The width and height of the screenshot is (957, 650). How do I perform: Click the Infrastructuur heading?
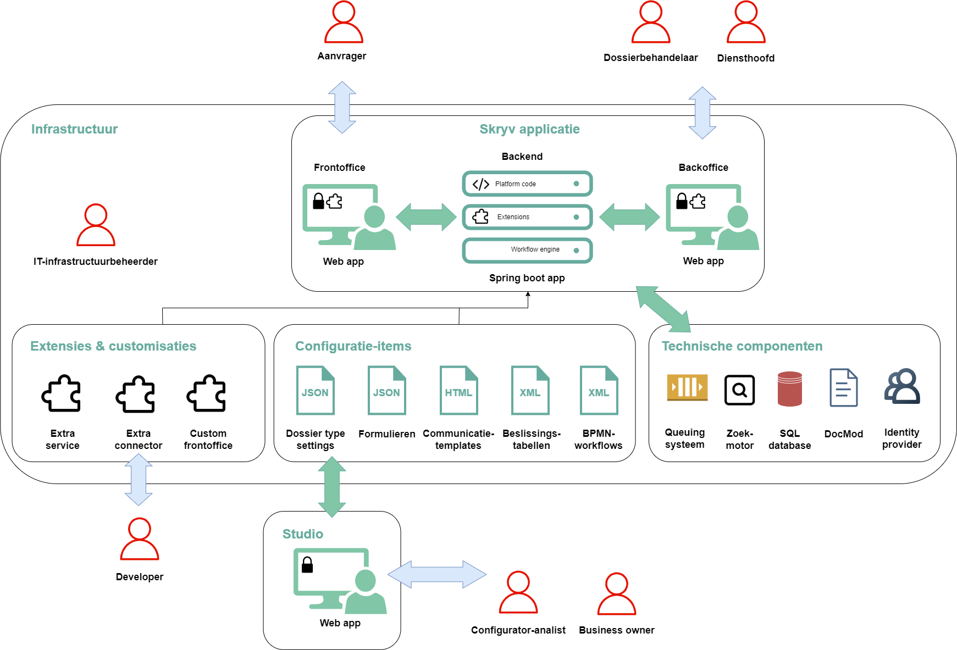click(74, 129)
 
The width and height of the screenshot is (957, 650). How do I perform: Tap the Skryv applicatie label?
click(529, 129)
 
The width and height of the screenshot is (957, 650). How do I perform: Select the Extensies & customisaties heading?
click(113, 346)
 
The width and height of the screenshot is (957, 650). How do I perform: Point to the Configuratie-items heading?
click(353, 346)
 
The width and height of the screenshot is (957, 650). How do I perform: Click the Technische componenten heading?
click(742, 346)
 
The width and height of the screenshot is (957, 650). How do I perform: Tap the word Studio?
click(302, 534)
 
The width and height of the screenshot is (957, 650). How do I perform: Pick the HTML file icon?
click(458, 390)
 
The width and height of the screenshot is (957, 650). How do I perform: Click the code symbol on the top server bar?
click(481, 184)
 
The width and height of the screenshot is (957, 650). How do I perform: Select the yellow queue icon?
click(687, 387)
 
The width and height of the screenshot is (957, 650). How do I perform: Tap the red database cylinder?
click(789, 389)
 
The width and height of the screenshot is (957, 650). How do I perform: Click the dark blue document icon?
click(843, 388)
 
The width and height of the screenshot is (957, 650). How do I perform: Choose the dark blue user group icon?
click(902, 386)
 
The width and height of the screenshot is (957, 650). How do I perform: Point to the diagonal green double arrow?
click(663, 309)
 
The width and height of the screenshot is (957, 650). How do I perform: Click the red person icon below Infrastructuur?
click(96, 225)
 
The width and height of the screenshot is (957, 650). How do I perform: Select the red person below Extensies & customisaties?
click(140, 539)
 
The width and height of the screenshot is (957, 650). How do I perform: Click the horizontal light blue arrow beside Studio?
click(437, 574)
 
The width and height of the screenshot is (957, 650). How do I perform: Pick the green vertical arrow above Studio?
click(332, 487)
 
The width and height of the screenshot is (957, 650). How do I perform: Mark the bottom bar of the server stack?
click(527, 251)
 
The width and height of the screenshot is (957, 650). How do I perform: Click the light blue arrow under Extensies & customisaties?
click(139, 479)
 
